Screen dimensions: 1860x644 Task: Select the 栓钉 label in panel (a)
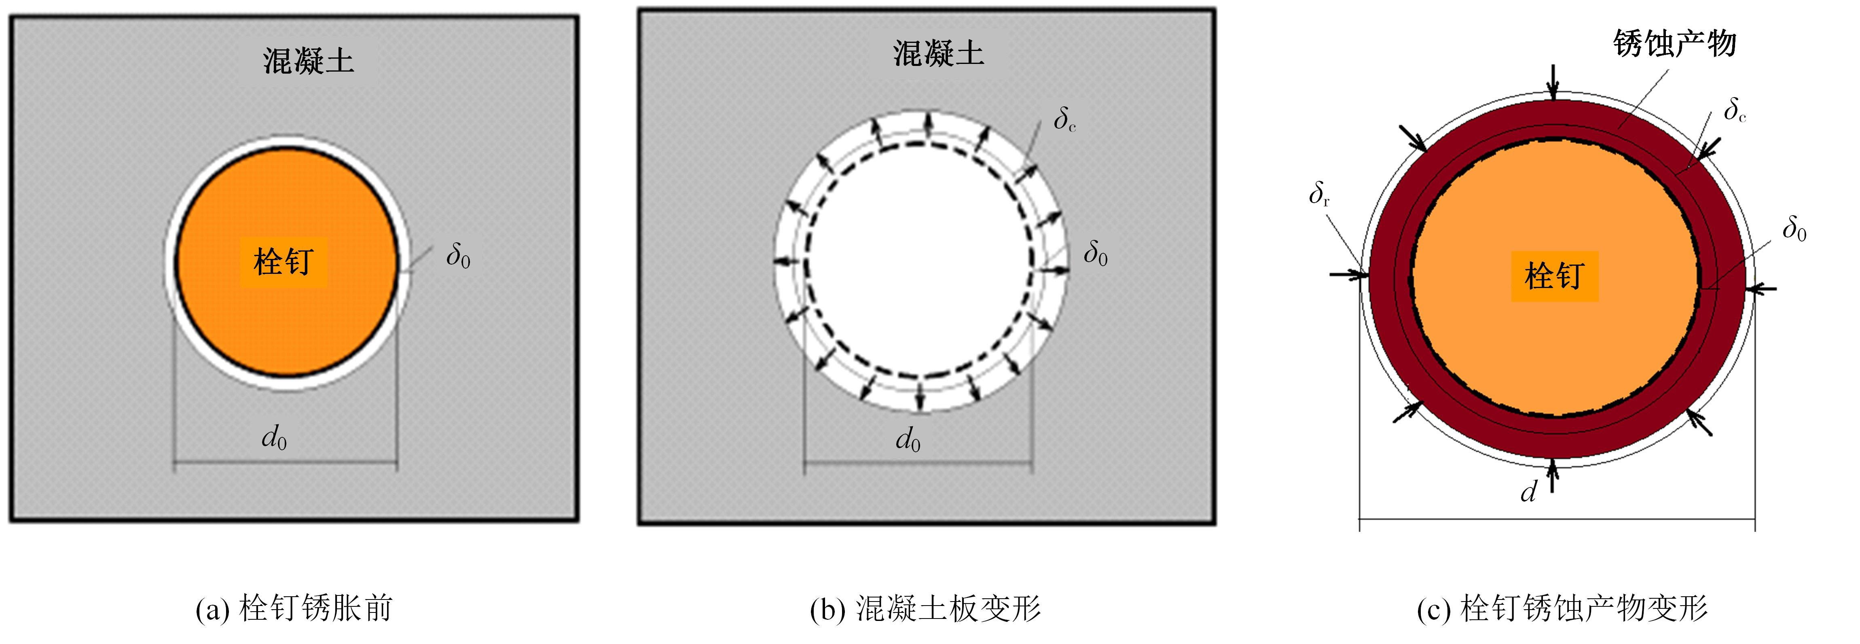point(283,261)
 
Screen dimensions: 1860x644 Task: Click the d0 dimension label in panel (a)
point(274,437)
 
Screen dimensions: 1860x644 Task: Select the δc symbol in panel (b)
point(1065,119)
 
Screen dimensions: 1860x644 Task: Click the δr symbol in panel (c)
point(1319,193)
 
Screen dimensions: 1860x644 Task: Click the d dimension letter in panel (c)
point(1529,491)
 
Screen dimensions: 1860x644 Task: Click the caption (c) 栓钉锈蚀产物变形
point(1562,609)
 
